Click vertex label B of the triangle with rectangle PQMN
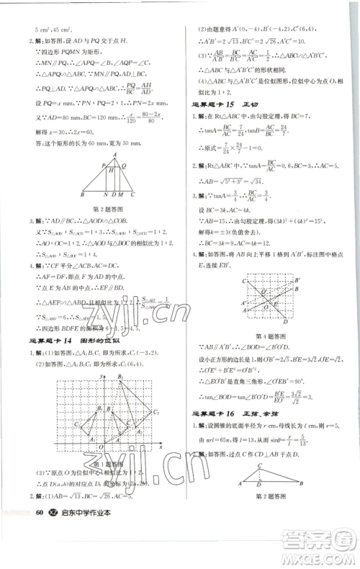84,194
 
